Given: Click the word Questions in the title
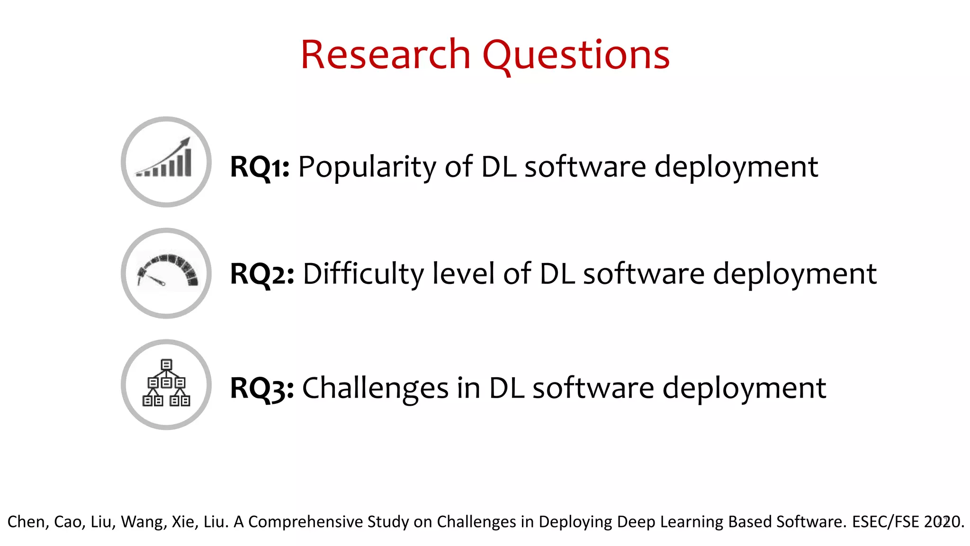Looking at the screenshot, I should tap(576, 56).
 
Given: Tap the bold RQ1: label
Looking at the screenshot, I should tap(260, 167).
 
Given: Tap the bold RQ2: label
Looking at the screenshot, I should tap(262, 274).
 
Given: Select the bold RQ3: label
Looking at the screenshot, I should tap(262, 388).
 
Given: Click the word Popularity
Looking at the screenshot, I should tap(367, 167).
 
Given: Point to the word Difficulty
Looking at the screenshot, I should tap(363, 274).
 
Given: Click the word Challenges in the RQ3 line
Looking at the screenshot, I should tap(375, 388).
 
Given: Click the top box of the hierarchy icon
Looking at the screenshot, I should tap(166, 364).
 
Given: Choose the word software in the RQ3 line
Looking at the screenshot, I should tap(593, 388).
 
